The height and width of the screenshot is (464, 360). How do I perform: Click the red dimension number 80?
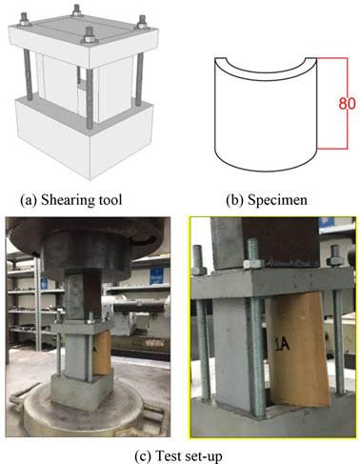click(347, 104)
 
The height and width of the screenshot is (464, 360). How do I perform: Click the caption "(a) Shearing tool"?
click(71, 200)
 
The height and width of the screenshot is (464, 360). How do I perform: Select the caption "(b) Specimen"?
click(267, 200)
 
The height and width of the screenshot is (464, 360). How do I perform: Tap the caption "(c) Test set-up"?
click(178, 456)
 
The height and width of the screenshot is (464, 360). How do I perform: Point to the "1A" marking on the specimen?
click(282, 344)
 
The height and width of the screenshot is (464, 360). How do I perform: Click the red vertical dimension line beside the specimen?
click(347, 103)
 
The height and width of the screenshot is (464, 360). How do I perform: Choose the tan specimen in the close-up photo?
click(298, 351)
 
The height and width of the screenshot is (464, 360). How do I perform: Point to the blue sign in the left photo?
click(156, 275)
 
